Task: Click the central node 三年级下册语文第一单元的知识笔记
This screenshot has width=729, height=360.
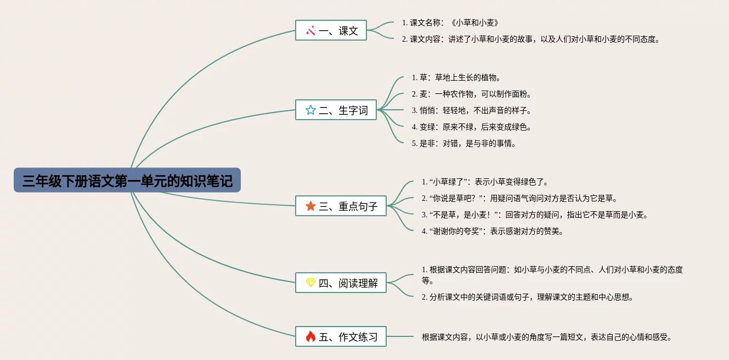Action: pyautogui.click(x=127, y=180)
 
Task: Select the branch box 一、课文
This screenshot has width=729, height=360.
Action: pyautogui.click(x=331, y=30)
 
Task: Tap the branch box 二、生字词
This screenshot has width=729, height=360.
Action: pyautogui.click(x=336, y=110)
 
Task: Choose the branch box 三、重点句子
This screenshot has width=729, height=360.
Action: pyautogui.click(x=341, y=206)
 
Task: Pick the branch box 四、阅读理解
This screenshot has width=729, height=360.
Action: pyautogui.click(x=341, y=283)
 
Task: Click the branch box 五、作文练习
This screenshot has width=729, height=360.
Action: pyautogui.click(x=341, y=336)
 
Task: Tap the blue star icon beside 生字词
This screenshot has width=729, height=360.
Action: pyautogui.click(x=310, y=110)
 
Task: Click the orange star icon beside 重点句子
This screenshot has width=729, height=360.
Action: pyautogui.click(x=310, y=206)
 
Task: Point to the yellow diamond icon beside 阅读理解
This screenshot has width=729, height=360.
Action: pyautogui.click(x=310, y=283)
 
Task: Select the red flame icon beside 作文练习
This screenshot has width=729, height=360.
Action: pyautogui.click(x=310, y=336)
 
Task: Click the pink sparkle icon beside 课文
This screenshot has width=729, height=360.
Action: pyautogui.click(x=310, y=31)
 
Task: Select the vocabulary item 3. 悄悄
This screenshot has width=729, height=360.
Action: pyautogui.click(x=471, y=110)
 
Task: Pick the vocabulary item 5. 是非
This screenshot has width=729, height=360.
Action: pyautogui.click(x=464, y=144)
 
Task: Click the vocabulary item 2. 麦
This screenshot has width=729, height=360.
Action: pyautogui.click(x=471, y=94)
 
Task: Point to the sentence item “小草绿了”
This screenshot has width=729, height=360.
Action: pyautogui.click(x=485, y=182)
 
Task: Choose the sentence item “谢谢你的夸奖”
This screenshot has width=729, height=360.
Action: pyautogui.click(x=492, y=231)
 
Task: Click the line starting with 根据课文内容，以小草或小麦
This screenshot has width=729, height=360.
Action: pyautogui.click(x=547, y=337)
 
